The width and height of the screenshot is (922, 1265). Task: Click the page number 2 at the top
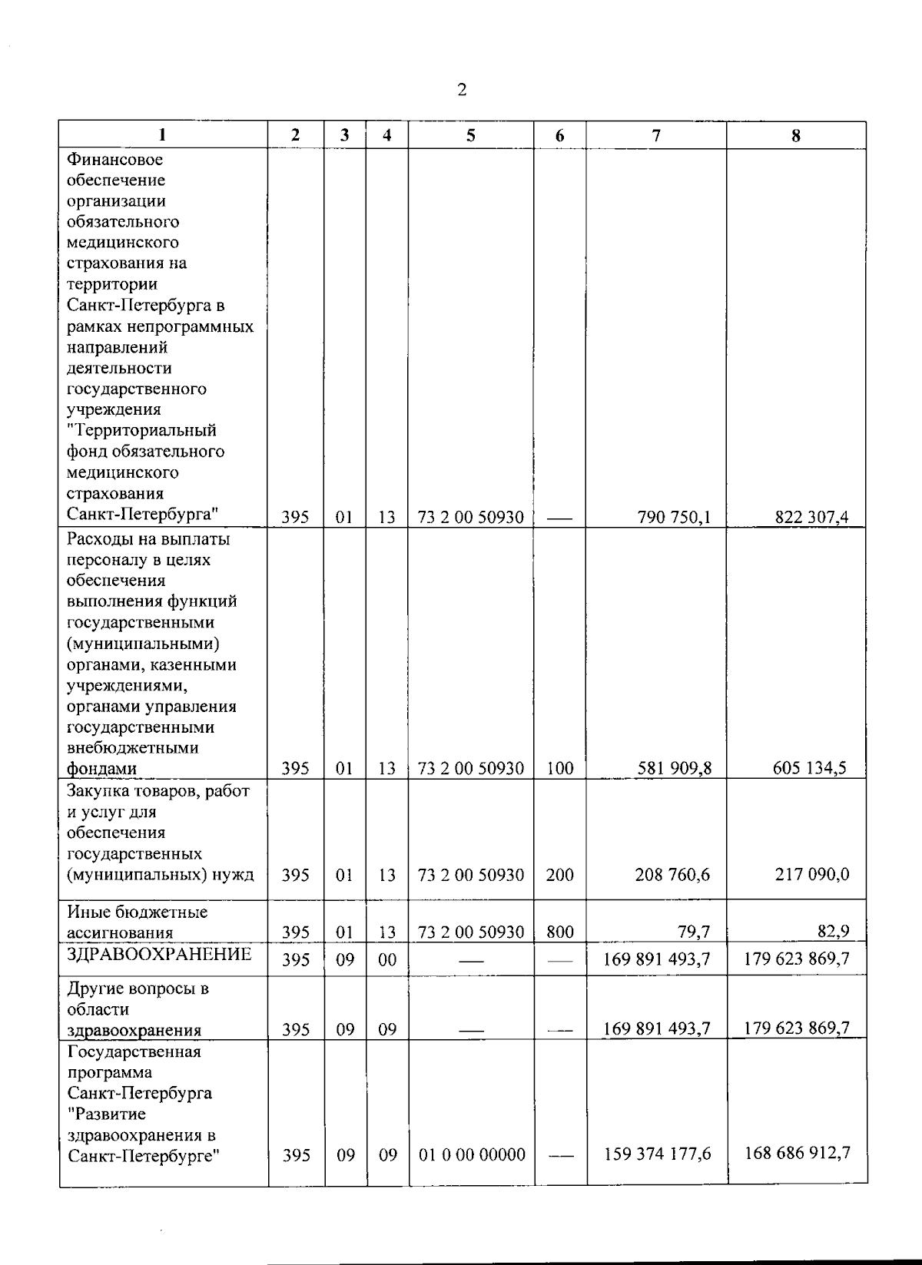point(461,91)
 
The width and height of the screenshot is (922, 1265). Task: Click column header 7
point(656,136)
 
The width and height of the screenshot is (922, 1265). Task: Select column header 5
point(470,136)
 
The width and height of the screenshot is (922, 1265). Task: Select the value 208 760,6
point(672,874)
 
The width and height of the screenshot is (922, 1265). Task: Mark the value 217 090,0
point(812,874)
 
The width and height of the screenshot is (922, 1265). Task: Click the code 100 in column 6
point(559,768)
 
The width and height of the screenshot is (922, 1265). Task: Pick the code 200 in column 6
point(559,874)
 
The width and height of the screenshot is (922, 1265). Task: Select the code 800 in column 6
point(559,932)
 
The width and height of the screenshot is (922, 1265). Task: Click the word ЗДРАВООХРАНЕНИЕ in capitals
point(159,955)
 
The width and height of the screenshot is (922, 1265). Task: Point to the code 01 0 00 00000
point(472,1154)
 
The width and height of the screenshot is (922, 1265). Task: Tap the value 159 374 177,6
point(658,1154)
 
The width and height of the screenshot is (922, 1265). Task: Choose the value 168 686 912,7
point(798,1153)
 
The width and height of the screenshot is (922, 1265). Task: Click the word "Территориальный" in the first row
point(142,430)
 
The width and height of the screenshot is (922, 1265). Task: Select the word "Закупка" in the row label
point(97,790)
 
